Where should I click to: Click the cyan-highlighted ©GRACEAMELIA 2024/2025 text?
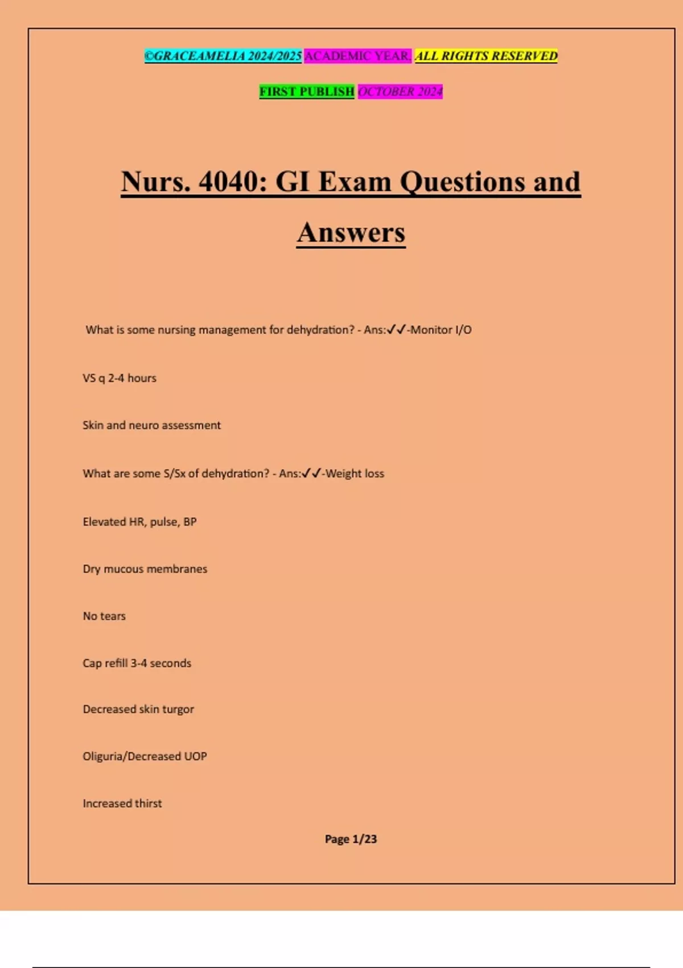click(223, 56)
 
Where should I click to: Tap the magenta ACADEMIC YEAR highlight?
click(357, 56)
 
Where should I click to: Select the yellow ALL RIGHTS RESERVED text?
click(486, 56)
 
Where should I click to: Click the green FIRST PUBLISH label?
click(307, 92)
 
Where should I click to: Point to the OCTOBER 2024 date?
click(400, 92)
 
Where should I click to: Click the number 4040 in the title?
click(233, 182)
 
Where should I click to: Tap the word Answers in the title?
click(351, 233)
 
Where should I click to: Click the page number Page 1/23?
click(351, 839)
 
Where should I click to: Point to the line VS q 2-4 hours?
click(120, 378)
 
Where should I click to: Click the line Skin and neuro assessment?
click(151, 425)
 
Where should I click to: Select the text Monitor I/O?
click(441, 330)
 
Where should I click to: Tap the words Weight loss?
click(355, 474)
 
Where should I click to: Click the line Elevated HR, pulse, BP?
click(139, 522)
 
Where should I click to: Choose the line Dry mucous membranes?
click(145, 569)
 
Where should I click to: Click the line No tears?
click(104, 616)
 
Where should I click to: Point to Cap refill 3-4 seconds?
click(137, 663)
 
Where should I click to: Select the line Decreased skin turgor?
click(138, 709)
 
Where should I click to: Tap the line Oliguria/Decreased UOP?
click(145, 757)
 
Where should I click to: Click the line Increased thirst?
click(122, 803)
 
